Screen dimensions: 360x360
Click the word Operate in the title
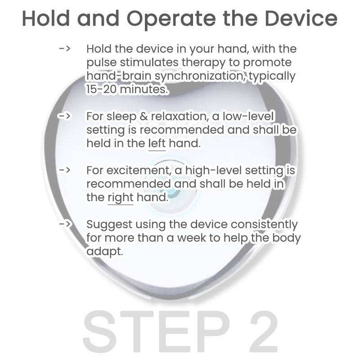tap(171, 19)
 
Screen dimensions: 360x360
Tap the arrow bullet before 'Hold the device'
tap(64, 49)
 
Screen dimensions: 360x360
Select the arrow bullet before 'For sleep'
tap(64, 116)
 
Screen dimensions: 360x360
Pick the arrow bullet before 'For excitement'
tap(64, 170)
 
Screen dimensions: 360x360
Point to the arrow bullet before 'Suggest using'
tap(64, 224)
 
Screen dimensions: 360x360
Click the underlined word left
tap(157, 144)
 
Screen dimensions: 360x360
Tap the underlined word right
tap(121, 198)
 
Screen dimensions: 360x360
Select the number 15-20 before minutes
tap(101, 89)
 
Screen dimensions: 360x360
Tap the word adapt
tap(105, 252)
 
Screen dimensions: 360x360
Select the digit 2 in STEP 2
tap(264, 331)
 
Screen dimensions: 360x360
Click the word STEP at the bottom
tap(156, 331)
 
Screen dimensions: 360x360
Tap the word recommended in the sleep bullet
tap(182, 130)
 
